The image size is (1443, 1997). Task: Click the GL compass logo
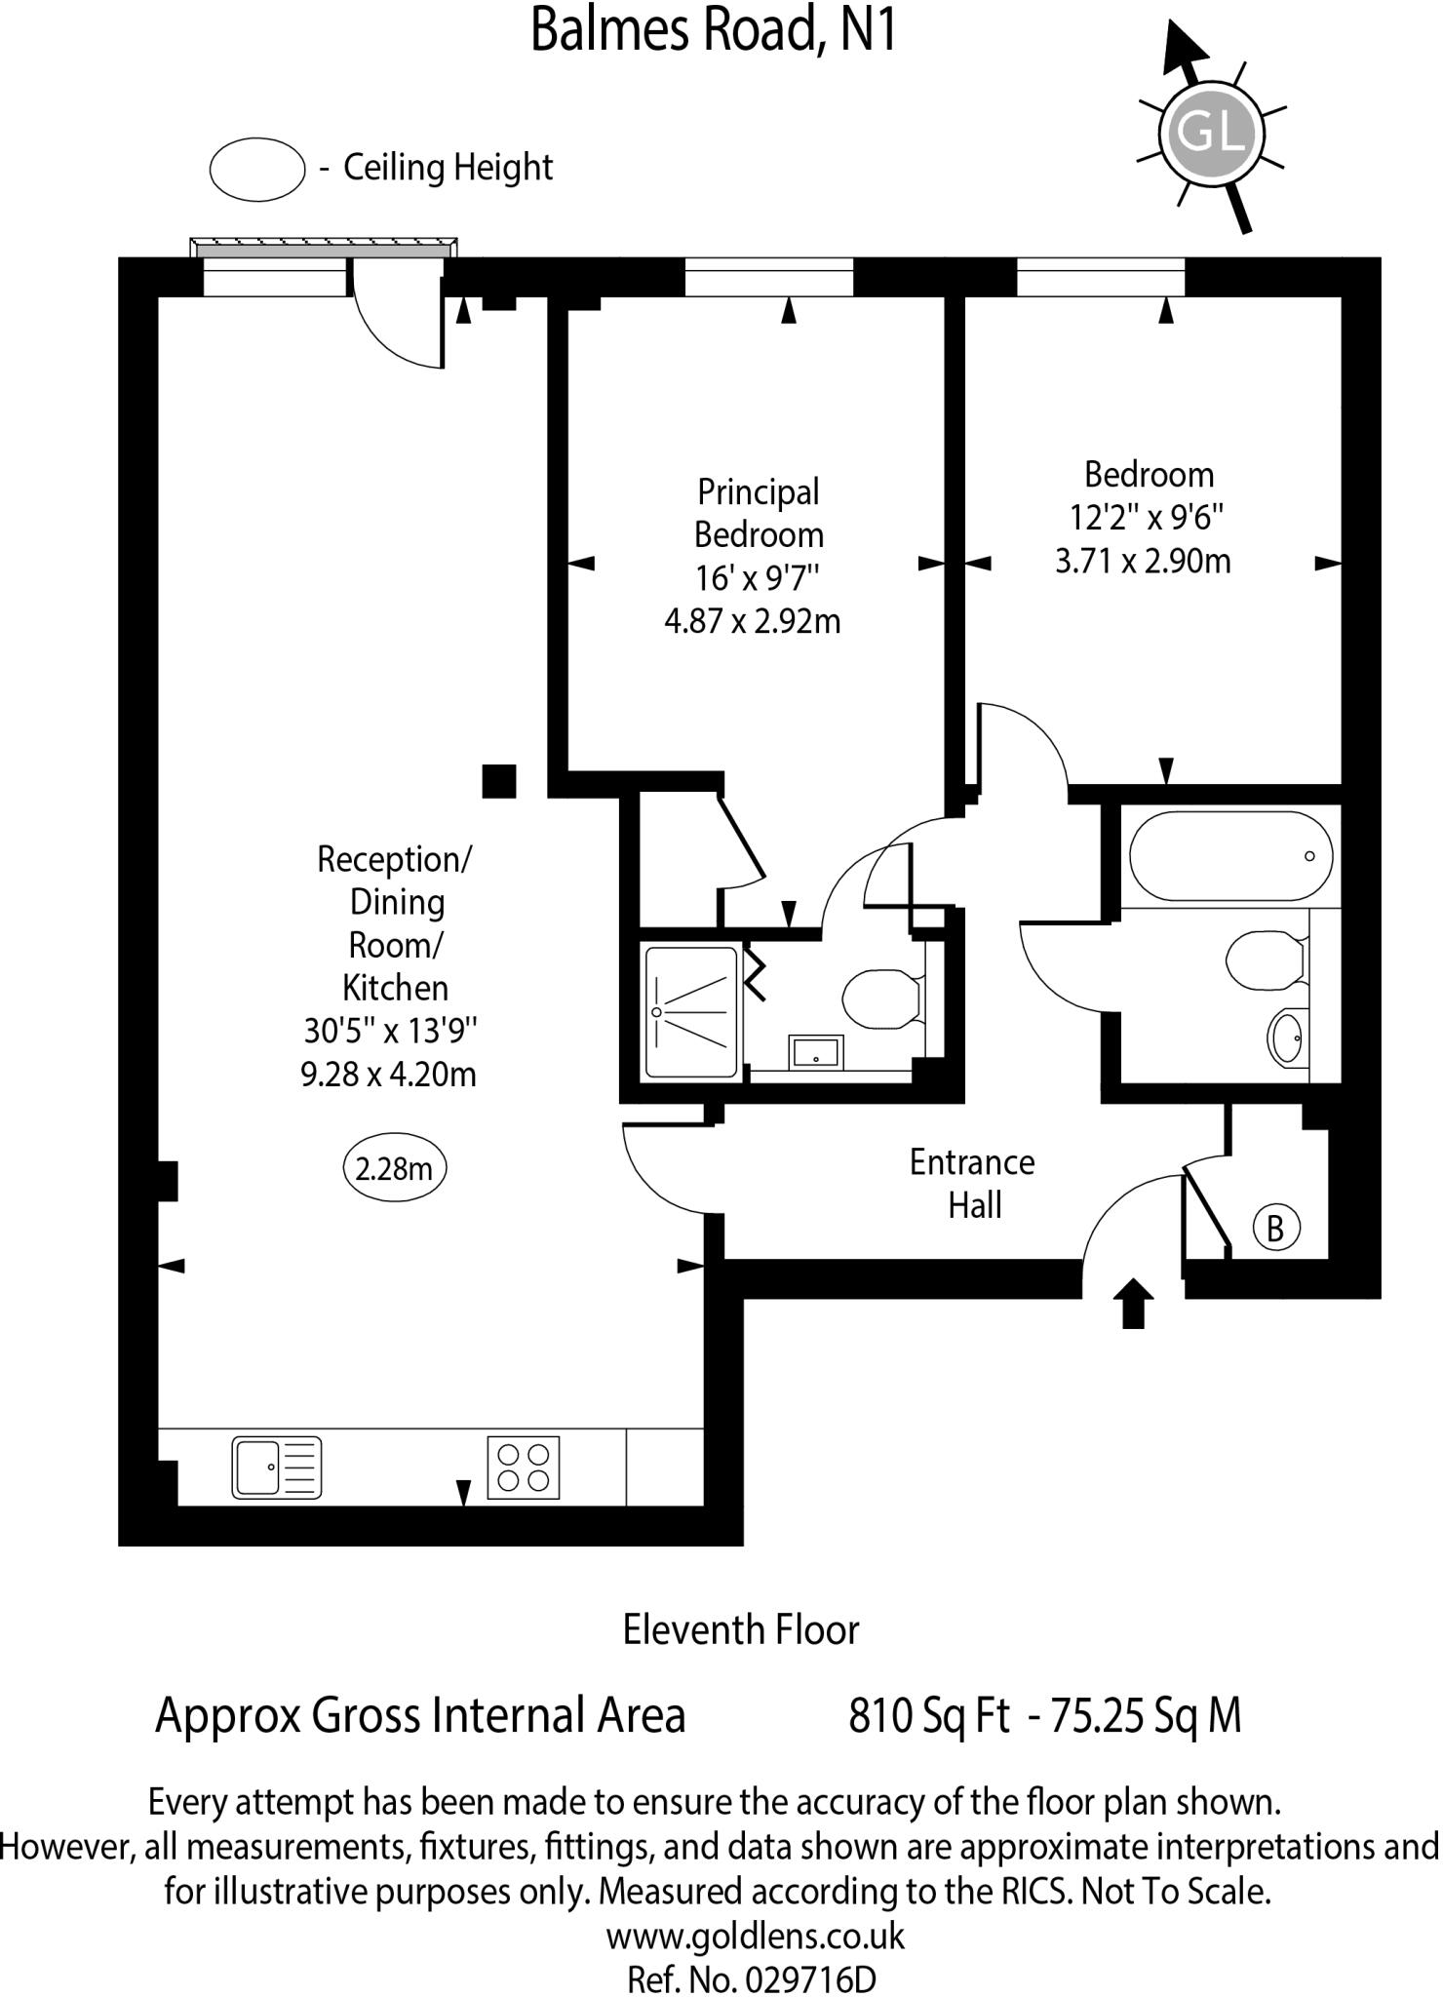coord(1210,133)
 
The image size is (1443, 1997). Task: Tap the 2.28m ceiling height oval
coord(394,1167)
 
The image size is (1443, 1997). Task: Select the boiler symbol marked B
coord(1275,1228)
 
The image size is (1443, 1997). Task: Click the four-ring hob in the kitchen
coord(524,1468)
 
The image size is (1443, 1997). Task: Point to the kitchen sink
coord(276,1467)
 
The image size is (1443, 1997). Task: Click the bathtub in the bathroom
coord(1230,855)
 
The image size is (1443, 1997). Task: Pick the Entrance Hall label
coord(972,1183)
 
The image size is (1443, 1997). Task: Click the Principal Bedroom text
coord(758,513)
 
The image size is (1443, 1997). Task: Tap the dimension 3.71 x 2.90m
coord(1143,562)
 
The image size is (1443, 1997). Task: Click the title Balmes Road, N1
coord(713,29)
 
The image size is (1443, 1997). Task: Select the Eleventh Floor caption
coord(741,1630)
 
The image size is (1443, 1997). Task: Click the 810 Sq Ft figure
coord(928,1716)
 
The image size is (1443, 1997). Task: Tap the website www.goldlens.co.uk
coord(756,1936)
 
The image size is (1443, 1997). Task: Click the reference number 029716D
coord(809,1979)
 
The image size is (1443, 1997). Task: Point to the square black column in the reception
coord(499,781)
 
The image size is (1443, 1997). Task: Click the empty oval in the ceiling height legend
coord(257,170)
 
